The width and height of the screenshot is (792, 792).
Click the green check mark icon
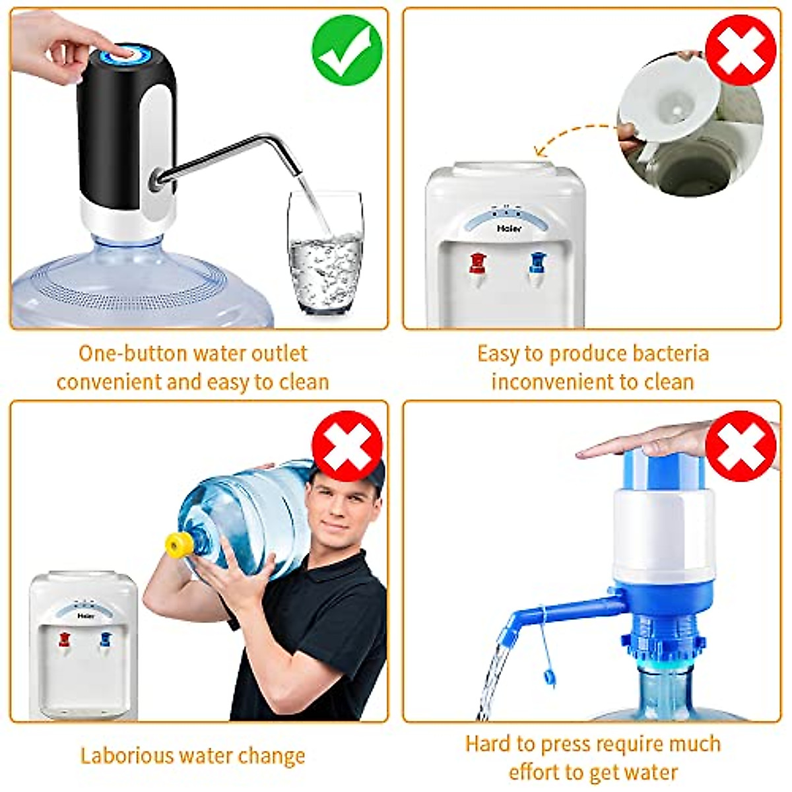pyautogui.click(x=347, y=51)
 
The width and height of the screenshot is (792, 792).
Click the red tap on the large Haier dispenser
pyautogui.click(x=477, y=263)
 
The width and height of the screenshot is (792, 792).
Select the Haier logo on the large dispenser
pyautogui.click(x=509, y=228)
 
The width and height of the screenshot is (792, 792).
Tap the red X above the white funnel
pyautogui.click(x=741, y=51)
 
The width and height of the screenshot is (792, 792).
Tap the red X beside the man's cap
pyautogui.click(x=347, y=445)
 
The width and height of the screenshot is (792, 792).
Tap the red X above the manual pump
pyautogui.click(x=741, y=446)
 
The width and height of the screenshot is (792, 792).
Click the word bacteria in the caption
pyautogui.click(x=670, y=353)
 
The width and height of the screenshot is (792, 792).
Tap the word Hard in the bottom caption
pyautogui.click(x=488, y=744)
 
